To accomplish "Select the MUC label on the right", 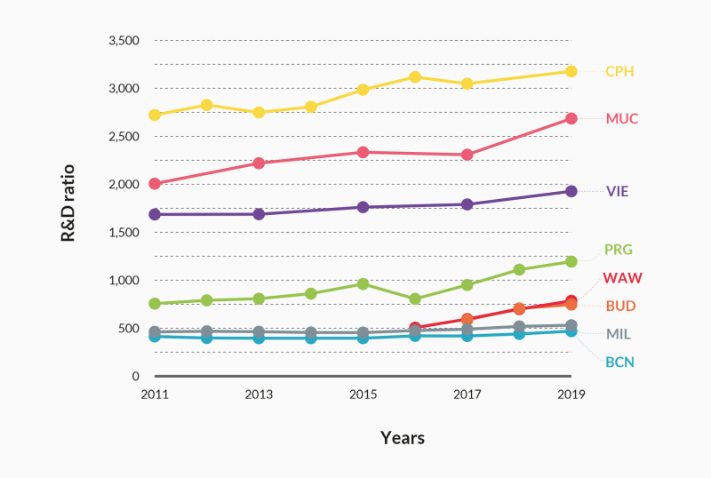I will tap(622, 118).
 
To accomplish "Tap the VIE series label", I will tap(618, 191).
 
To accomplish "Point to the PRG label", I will tap(619, 250).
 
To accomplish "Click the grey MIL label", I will tap(619, 334).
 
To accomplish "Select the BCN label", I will tap(619, 362).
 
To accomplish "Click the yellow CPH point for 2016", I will tap(415, 76).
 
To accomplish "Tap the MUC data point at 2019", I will tap(571, 118).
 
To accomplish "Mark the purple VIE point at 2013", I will tap(259, 214).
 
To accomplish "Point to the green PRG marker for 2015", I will tap(363, 283).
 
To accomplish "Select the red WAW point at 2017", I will tap(467, 319).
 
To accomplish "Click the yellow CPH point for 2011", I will tap(155, 115).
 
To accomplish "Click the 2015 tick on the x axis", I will tap(363, 393).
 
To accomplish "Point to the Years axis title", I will tap(403, 438).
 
